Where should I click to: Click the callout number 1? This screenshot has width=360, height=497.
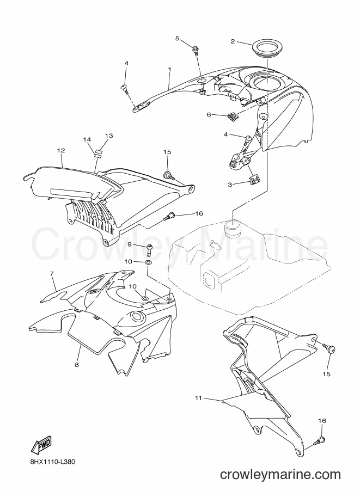tap(170, 69)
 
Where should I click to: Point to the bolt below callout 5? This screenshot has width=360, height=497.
tap(195, 51)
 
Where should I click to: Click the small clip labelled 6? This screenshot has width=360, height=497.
tap(233, 117)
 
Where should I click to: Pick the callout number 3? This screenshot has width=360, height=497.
tap(230, 184)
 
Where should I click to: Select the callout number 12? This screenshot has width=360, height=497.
tap(61, 150)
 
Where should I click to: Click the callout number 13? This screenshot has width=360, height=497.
tap(109, 136)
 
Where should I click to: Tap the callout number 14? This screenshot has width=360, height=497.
tap(87, 139)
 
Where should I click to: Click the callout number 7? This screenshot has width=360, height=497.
tap(52, 273)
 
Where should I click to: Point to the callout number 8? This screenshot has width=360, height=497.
tap(77, 365)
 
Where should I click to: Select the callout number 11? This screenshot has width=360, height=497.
tap(198, 398)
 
